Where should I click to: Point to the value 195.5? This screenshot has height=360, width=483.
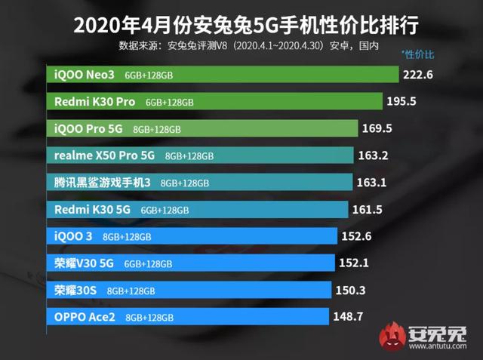407,101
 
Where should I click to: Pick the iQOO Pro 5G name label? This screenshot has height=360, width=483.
88,128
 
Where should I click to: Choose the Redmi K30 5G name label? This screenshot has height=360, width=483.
93,210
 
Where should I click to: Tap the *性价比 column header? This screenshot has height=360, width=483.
418,54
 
